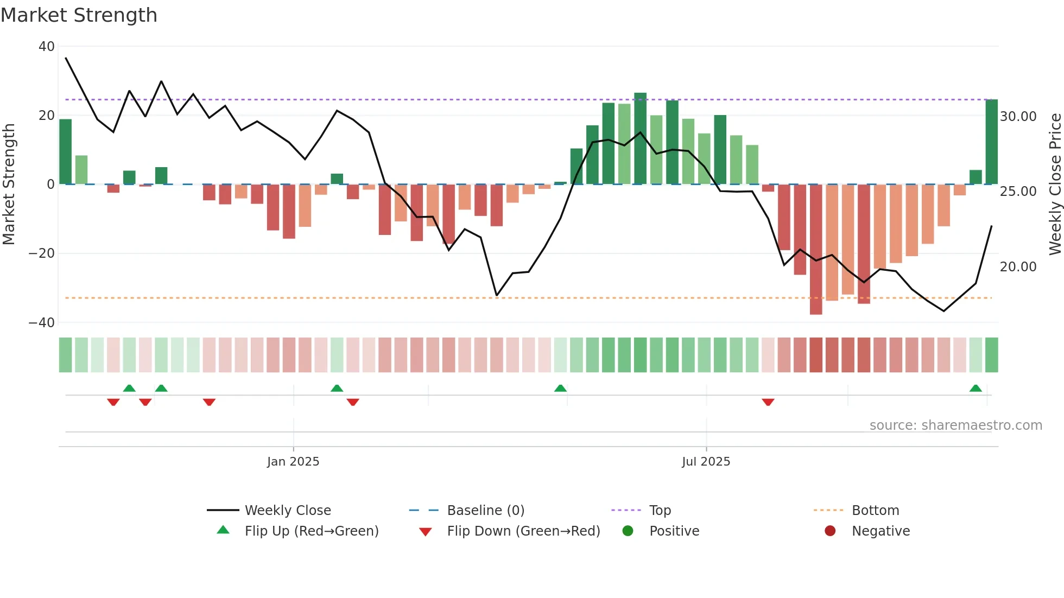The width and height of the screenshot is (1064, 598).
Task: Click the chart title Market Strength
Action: click(79, 15)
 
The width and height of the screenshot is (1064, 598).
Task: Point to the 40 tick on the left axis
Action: click(47, 47)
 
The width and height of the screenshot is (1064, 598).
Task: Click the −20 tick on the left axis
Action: click(42, 253)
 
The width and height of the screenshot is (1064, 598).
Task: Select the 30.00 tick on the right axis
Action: click(1018, 117)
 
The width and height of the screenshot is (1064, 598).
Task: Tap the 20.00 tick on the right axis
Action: click(1018, 267)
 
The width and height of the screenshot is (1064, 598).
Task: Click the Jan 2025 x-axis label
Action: click(293, 462)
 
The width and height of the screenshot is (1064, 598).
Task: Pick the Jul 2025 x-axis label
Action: click(706, 462)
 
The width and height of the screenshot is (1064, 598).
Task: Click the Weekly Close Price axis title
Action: click(1055, 185)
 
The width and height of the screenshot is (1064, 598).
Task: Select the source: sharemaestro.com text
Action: click(955, 425)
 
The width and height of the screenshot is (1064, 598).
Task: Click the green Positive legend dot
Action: click(628, 531)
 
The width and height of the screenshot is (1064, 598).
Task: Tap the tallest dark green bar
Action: click(640, 138)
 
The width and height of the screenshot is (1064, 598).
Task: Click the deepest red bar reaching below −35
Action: click(815, 250)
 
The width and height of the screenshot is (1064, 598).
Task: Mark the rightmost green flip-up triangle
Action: click(975, 389)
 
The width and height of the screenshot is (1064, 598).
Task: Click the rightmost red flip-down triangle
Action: click(768, 402)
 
